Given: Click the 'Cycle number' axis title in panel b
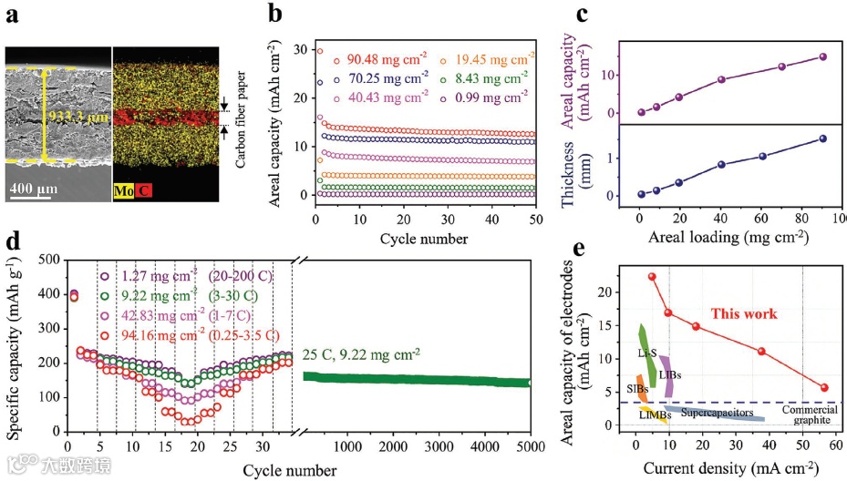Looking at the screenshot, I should pos(424,239).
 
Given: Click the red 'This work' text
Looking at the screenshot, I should pos(744,313).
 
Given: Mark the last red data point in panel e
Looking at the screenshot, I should pos(824,387).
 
